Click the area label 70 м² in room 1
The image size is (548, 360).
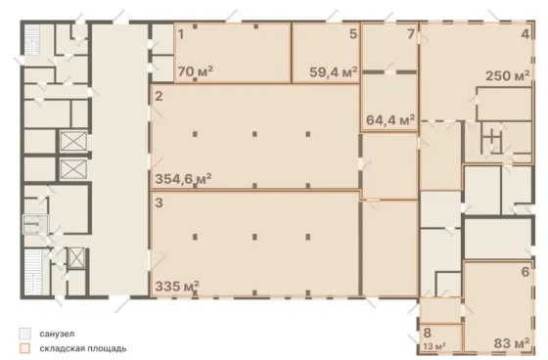click(x=196, y=71)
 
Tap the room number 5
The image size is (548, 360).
click(x=353, y=34)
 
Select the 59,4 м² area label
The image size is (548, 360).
click(x=334, y=72)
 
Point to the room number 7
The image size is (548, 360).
click(x=411, y=34)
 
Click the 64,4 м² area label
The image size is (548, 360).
click(x=390, y=120)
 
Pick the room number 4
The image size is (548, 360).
click(x=525, y=34)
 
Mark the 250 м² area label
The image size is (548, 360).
click(x=508, y=75)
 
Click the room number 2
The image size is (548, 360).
click(x=159, y=96)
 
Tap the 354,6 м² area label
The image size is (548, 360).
click(x=183, y=179)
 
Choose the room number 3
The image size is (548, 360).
click(x=159, y=202)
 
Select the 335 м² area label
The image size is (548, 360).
click(x=177, y=287)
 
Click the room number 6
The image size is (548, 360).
click(x=525, y=272)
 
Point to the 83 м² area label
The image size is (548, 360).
click(x=512, y=343)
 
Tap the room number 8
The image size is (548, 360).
click(x=427, y=333)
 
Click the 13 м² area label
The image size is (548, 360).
click(x=434, y=346)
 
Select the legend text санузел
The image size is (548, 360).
click(x=57, y=334)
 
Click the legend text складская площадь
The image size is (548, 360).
click(x=83, y=348)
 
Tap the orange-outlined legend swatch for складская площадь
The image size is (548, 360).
click(x=24, y=348)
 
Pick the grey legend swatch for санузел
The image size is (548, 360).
click(x=24, y=334)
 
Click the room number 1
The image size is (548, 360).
click(x=181, y=34)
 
